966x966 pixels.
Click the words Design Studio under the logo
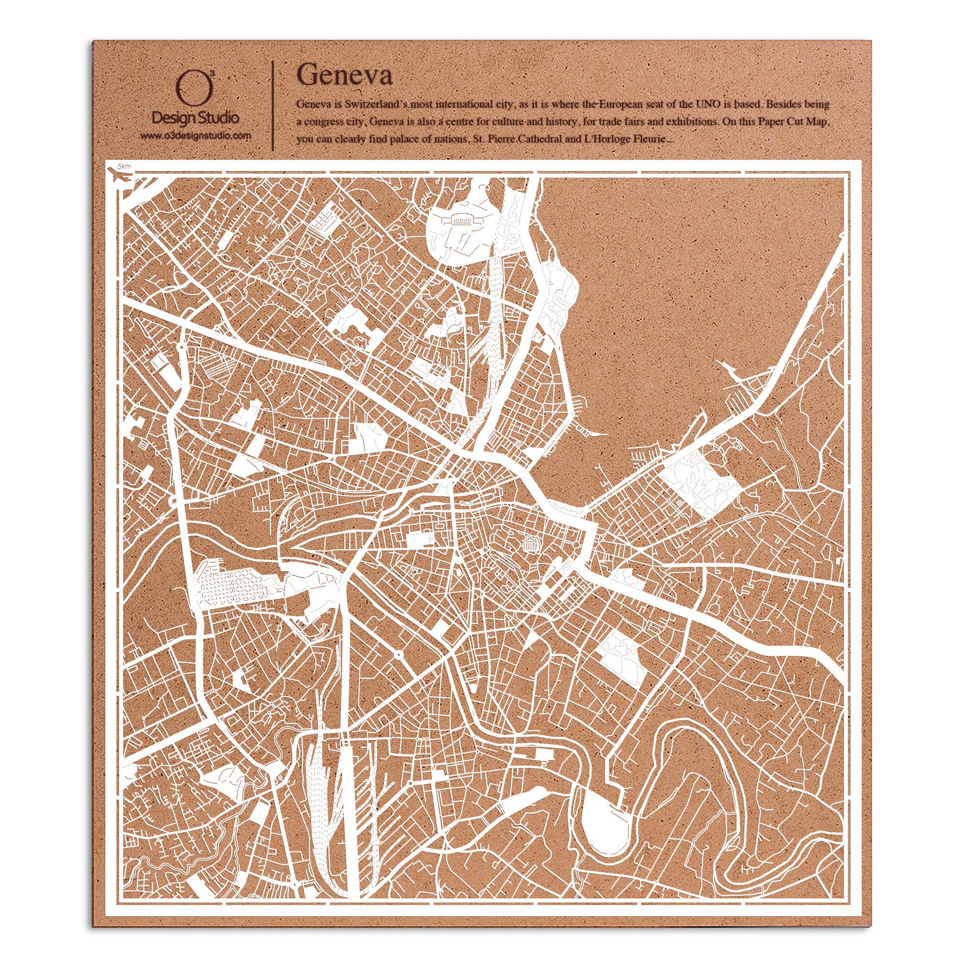[x=195, y=118]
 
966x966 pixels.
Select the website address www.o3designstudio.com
[x=195, y=136]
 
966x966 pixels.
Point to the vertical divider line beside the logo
[x=272, y=105]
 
